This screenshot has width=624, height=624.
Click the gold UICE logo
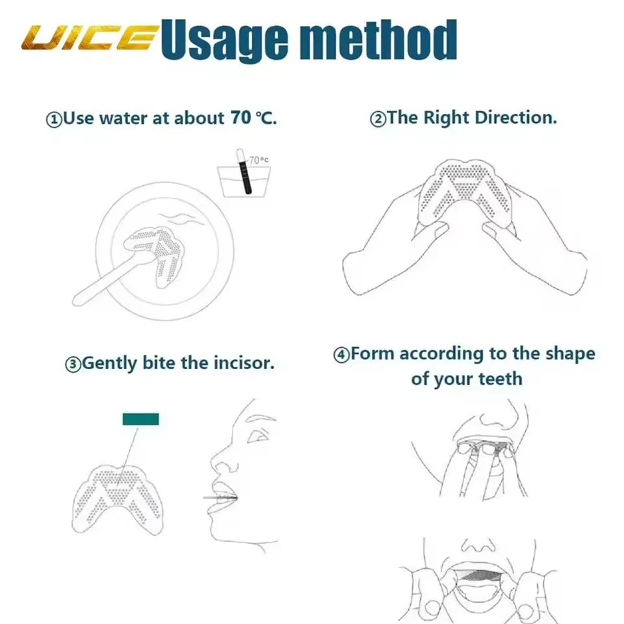pos(88,38)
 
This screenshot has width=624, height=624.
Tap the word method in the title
pos(384,40)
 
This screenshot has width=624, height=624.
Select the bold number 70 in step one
pos(239,118)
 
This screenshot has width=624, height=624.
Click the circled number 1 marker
pos(53,120)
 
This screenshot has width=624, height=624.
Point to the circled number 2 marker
pos(378,120)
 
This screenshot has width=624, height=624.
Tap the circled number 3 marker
pos(73,364)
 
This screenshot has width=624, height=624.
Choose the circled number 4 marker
pos(341,355)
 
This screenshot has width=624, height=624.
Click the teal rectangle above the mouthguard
pos(140,419)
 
